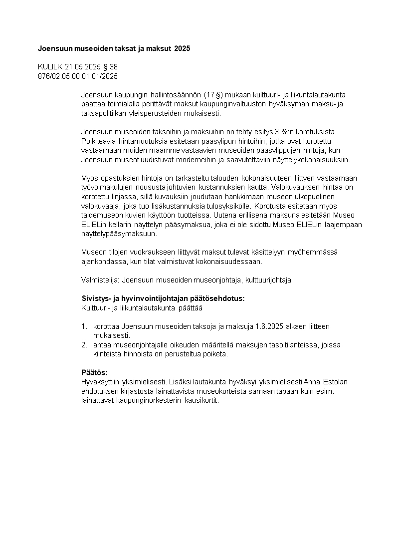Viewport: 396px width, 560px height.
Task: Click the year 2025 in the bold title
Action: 182,49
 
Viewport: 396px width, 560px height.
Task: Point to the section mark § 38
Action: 110,67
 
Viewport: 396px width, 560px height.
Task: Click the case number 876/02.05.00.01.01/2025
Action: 78,76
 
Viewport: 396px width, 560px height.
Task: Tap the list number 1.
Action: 84,326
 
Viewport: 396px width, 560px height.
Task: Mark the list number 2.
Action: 84,345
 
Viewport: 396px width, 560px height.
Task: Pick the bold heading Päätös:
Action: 94,373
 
